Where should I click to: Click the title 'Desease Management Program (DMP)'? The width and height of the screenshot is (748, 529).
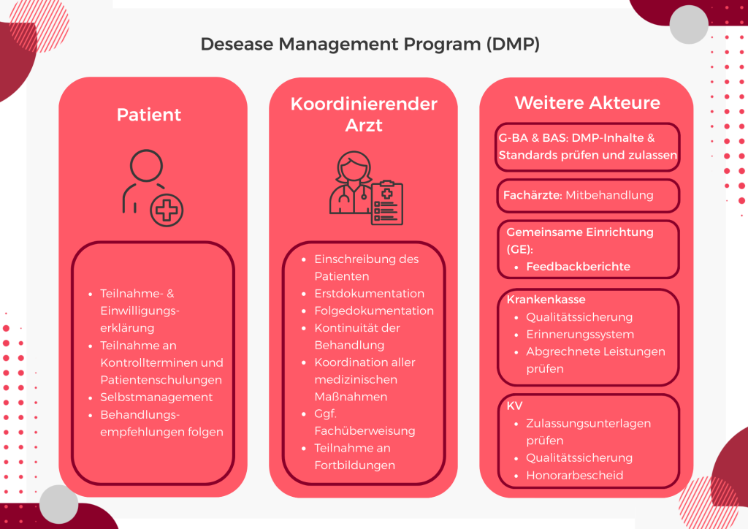click(370, 45)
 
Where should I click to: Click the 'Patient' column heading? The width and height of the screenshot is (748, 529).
click(149, 115)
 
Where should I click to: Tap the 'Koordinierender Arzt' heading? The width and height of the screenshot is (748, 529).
click(364, 114)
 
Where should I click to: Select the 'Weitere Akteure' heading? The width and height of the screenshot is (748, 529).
click(587, 103)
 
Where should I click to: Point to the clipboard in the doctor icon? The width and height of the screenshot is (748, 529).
click(387, 203)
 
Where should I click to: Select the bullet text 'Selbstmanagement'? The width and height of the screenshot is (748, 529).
click(156, 397)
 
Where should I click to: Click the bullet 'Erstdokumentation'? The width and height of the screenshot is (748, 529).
click(369, 294)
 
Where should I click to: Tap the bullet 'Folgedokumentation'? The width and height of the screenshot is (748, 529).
click(374, 311)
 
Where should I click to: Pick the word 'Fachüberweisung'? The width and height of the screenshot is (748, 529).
click(354, 430)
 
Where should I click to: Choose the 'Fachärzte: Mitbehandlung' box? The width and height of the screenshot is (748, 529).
click(587, 196)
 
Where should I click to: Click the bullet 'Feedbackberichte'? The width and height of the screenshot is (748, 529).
click(578, 267)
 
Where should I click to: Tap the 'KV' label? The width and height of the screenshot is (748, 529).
click(514, 405)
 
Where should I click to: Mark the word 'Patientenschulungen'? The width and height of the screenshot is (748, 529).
click(161, 380)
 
